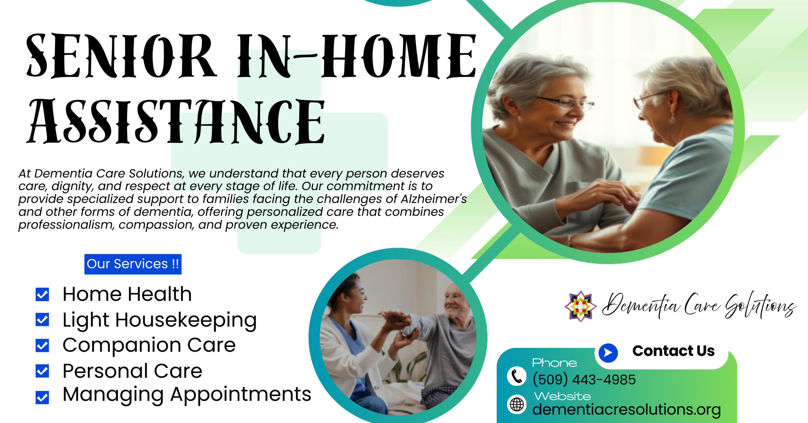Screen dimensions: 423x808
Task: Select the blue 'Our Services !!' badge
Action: (x=133, y=264)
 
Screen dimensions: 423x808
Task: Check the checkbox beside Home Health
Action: (x=42, y=295)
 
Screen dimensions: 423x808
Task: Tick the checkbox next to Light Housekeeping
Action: (x=42, y=320)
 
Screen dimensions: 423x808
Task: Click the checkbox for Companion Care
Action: (x=42, y=345)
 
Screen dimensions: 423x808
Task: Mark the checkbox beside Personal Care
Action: (x=42, y=371)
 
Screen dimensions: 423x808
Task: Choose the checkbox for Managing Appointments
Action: (x=42, y=397)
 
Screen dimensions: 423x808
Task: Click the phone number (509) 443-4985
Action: (x=584, y=379)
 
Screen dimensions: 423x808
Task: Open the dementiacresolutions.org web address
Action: (x=627, y=409)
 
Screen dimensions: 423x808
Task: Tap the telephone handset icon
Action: (x=516, y=376)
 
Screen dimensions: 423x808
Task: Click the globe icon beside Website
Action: (x=517, y=404)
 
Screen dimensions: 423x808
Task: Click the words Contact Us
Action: (x=673, y=351)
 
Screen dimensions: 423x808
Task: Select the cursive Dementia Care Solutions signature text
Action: (x=699, y=306)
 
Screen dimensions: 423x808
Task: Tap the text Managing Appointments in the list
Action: (x=187, y=395)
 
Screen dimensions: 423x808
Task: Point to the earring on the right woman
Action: (x=673, y=119)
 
